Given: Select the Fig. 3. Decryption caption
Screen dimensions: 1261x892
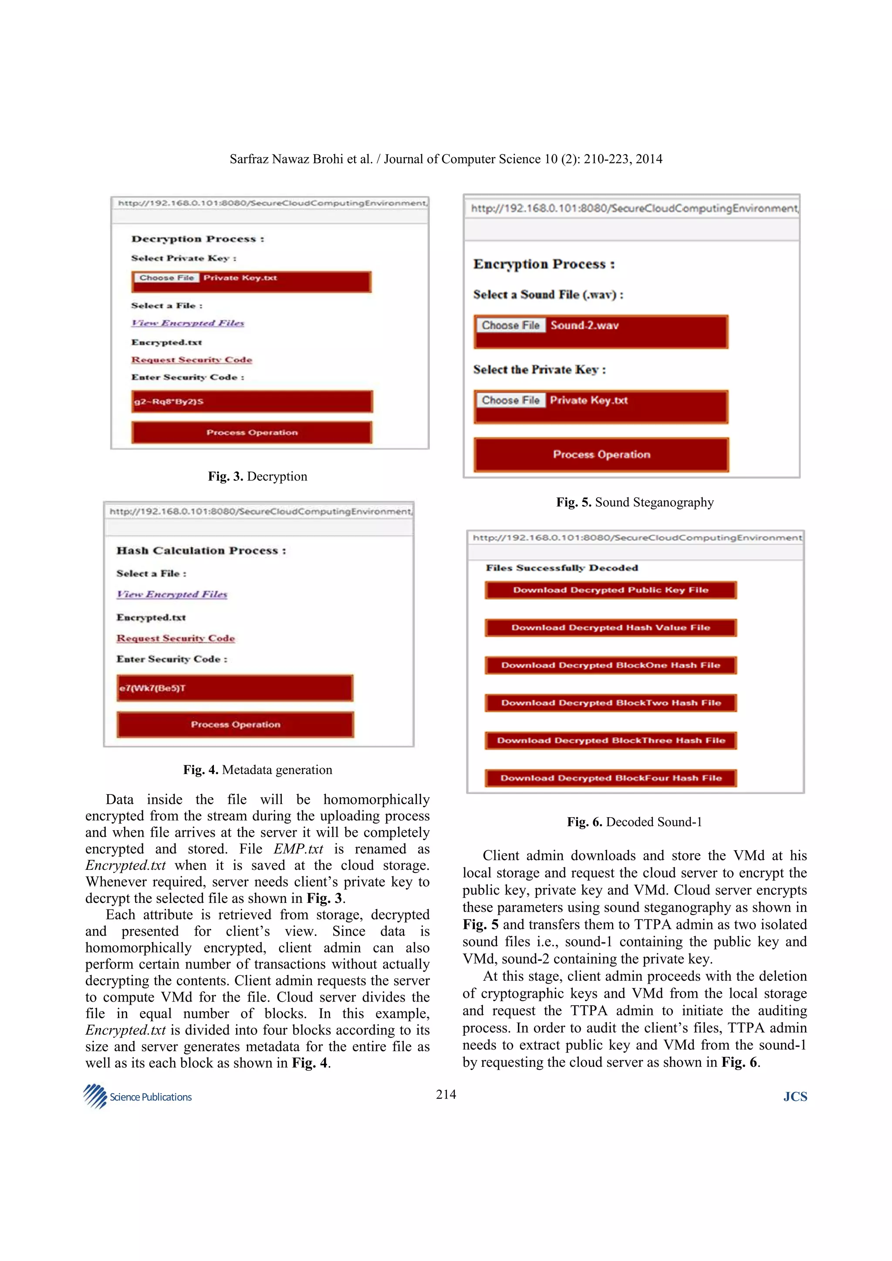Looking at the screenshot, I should [257, 476].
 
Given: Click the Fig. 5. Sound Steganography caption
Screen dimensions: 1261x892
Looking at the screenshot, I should [635, 502].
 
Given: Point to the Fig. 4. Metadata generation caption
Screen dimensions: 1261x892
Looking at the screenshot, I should [257, 769].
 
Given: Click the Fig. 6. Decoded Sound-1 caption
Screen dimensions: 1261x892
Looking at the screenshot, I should [634, 822].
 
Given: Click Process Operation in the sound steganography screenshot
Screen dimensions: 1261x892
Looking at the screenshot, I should [601, 454].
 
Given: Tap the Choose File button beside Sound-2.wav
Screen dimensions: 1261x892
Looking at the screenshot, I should [510, 325].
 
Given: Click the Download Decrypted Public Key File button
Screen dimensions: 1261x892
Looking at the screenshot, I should [610, 590].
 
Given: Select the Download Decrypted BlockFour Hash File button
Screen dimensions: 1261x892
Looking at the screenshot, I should [610, 778].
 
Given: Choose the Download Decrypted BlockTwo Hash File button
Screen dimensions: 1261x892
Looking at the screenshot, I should [610, 702].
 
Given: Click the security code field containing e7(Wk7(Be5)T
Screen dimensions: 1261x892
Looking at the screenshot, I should [235, 688].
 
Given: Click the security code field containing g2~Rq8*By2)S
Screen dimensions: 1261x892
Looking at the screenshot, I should [252, 402].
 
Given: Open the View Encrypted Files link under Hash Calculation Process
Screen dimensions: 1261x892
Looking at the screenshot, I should [172, 594].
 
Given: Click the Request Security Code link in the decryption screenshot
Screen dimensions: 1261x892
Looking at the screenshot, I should [191, 360].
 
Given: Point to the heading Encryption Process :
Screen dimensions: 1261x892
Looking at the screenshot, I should [544, 264].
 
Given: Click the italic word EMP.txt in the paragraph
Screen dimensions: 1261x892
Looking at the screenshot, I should [298, 848].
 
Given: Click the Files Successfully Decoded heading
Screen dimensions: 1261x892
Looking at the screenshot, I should [562, 568].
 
